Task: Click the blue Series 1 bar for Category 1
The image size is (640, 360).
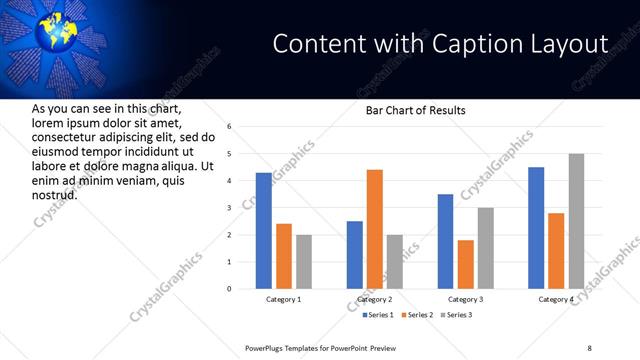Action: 263,231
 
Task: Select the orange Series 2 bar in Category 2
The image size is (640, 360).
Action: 375,229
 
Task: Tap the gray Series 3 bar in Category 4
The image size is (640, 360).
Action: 576,221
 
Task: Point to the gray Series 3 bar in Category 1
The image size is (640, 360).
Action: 303,262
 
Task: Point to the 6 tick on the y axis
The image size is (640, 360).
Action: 229,127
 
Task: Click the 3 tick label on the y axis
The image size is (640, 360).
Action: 229,208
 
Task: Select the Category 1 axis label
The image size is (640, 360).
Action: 283,299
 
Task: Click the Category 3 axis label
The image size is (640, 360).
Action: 465,299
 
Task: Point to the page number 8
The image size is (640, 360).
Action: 589,347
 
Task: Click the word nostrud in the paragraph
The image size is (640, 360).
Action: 54,194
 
